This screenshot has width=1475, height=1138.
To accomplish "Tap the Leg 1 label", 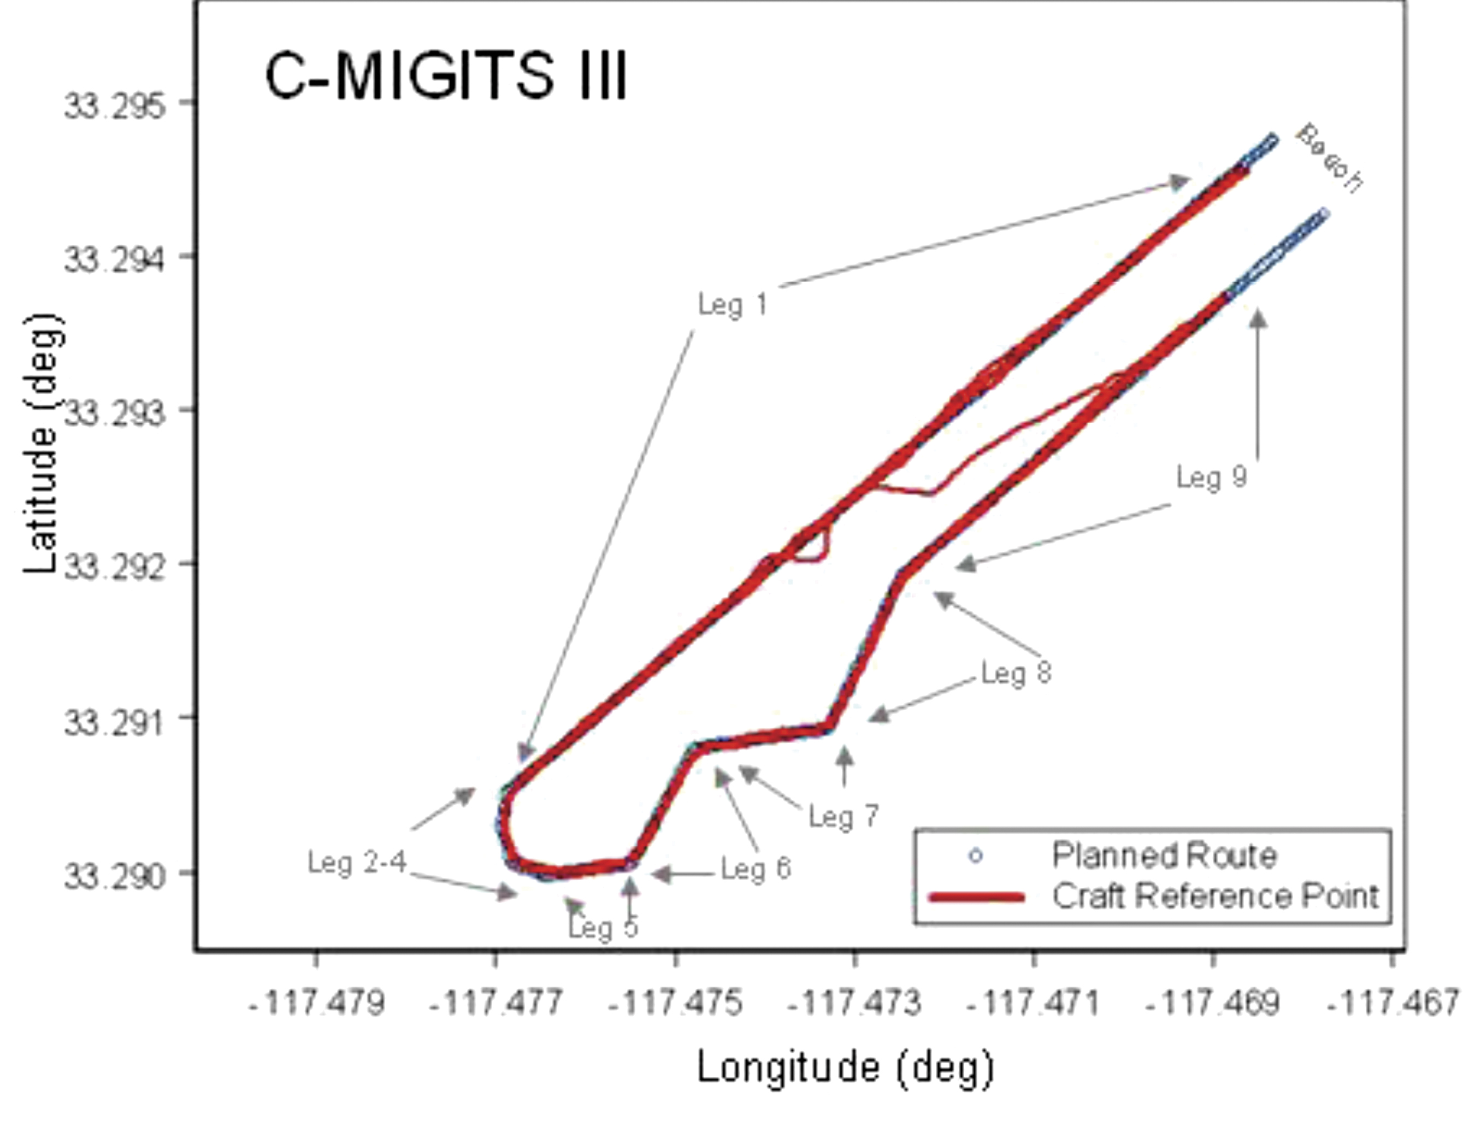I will pyautogui.click(x=733, y=305).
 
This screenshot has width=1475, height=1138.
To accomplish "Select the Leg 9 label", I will pyautogui.click(x=1212, y=477).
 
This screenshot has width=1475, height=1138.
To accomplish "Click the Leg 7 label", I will pyautogui.click(x=844, y=817).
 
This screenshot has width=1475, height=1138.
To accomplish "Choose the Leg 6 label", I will pyautogui.click(x=756, y=869).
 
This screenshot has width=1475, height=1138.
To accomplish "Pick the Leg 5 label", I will pyautogui.click(x=603, y=927).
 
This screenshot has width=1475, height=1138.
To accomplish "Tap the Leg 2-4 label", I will pyautogui.click(x=357, y=863).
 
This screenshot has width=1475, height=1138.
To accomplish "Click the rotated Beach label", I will pyautogui.click(x=1329, y=158).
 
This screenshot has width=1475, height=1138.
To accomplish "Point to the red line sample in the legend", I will pyautogui.click(x=977, y=898).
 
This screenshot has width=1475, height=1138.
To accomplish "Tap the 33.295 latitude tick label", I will pyautogui.click(x=114, y=107).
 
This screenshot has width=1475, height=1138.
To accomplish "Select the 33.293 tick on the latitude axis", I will pyautogui.click(x=114, y=412).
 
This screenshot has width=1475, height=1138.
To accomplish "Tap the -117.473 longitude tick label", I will pyautogui.click(x=854, y=1003).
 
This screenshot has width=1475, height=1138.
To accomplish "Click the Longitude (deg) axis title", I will pyautogui.click(x=845, y=1068).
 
